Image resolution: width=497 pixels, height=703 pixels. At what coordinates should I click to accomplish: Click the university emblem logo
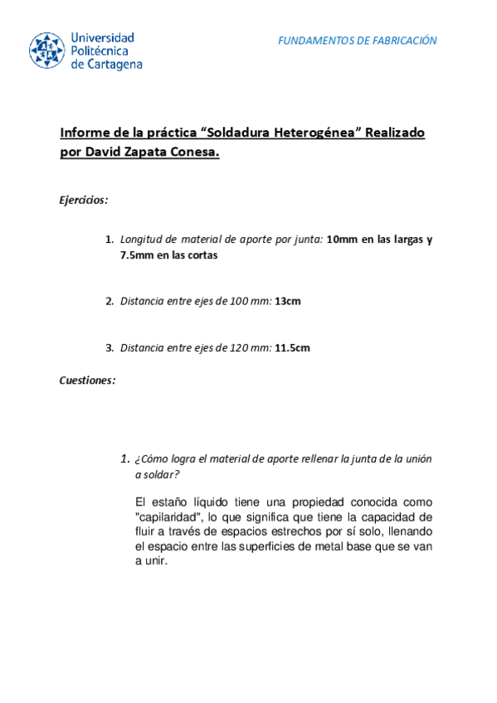tap(47, 51)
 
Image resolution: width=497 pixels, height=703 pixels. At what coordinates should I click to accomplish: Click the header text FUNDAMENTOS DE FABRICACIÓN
tap(357, 41)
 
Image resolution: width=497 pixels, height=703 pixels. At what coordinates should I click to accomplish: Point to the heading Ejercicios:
tap(84, 200)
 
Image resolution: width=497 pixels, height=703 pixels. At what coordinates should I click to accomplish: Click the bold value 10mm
tap(341, 240)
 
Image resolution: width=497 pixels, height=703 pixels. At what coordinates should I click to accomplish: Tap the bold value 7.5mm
tap(137, 255)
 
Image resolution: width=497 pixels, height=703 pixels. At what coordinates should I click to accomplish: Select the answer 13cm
tap(287, 301)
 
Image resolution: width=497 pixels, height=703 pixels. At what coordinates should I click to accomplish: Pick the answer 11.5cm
tap(292, 347)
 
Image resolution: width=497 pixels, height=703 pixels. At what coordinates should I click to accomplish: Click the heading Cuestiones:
tap(87, 381)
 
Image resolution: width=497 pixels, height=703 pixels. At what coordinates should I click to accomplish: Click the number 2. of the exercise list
tap(110, 301)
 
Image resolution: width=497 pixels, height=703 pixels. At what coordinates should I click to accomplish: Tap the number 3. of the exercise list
tap(110, 347)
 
